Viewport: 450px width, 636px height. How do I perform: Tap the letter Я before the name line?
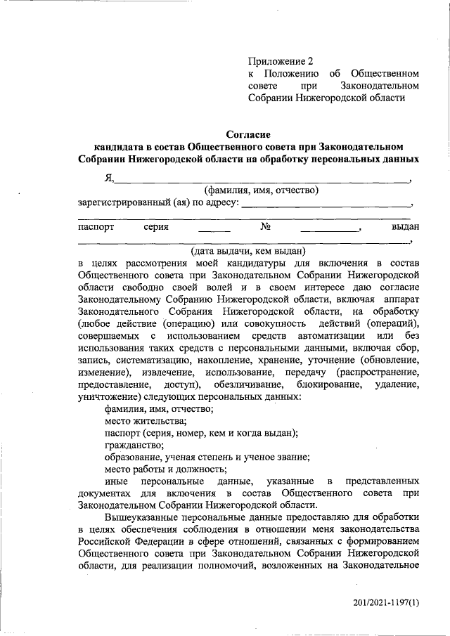coord(108,178)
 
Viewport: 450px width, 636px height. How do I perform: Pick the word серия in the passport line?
coord(156,227)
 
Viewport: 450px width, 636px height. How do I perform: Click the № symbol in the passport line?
coord(266,227)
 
